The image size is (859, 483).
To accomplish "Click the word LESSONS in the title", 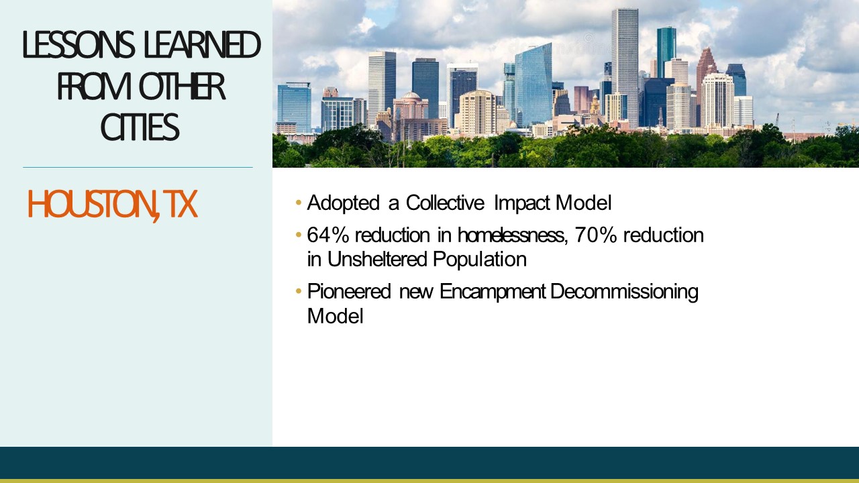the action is [79, 44].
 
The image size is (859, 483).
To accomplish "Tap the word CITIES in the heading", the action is [140, 127].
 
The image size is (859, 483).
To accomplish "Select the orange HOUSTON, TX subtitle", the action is [112, 205].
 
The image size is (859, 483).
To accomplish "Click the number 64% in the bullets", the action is [328, 235].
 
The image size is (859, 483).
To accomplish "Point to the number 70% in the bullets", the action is [595, 235].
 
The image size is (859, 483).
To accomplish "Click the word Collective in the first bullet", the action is [445, 203].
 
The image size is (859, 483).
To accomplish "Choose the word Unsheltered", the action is [377, 259].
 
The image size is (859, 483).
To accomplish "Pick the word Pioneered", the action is [349, 291].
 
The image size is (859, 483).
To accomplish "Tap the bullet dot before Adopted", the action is [299, 203].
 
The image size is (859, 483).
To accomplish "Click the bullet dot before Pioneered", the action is [299, 291].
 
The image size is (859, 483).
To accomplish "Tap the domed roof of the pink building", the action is [411, 95].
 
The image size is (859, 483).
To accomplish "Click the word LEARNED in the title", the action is [202, 44].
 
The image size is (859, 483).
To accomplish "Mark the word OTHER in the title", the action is [182, 86].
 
